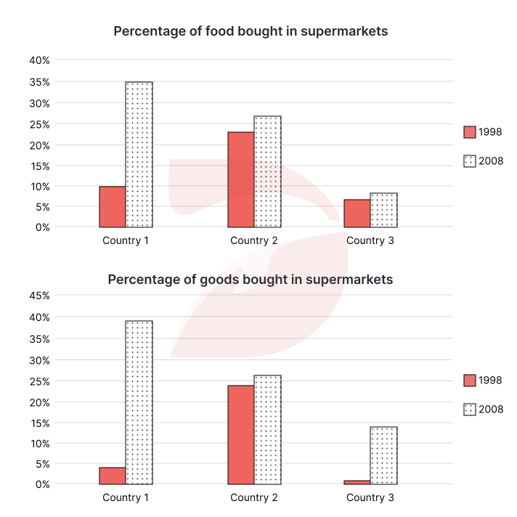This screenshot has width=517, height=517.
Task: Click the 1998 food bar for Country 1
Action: pos(113,207)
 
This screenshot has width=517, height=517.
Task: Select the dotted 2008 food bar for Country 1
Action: pos(139,155)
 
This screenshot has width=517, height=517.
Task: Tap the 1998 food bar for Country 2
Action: pos(241,179)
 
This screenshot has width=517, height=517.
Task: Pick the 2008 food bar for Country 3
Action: pos(383,210)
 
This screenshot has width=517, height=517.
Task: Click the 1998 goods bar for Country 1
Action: pos(113,476)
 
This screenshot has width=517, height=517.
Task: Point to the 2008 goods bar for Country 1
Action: pos(139,402)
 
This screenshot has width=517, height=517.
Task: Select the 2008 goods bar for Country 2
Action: pos(267,429)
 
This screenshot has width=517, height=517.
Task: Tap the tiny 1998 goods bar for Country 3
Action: pos(357,482)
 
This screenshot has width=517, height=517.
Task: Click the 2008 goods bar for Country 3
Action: pos(383,455)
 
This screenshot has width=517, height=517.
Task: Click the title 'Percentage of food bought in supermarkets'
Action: pos(251,32)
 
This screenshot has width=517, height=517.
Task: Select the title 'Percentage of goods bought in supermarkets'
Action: pos(251,279)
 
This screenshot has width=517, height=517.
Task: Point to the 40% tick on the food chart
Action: pos(39,60)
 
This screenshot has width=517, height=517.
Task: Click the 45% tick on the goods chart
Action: pos(39,296)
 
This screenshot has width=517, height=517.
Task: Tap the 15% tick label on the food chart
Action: pos(39,166)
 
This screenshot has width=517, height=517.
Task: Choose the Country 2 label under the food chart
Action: pos(253,240)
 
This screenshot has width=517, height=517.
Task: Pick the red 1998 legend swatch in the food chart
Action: pos(469,132)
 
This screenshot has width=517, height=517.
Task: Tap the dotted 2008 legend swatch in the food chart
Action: pos(469,161)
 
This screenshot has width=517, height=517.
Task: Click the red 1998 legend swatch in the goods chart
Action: pos(469,380)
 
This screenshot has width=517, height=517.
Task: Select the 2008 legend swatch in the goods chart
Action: pos(469,410)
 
